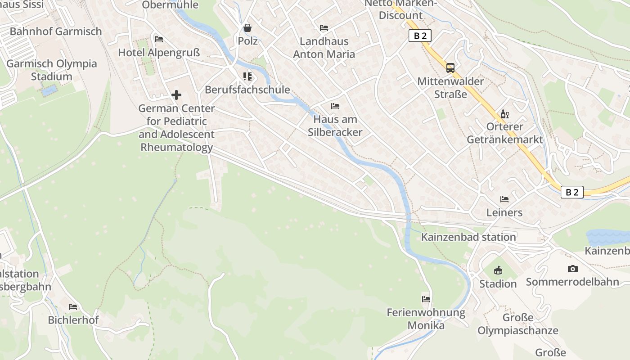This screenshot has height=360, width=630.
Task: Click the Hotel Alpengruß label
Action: [x=159, y=53]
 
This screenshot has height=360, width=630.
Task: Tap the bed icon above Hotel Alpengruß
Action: [x=158, y=39]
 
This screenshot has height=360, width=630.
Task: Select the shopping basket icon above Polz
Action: [x=247, y=28]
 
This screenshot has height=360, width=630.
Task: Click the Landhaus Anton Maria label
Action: [x=324, y=48]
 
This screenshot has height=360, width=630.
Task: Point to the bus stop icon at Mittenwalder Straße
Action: [x=450, y=68]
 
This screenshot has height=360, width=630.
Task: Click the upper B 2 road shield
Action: [x=419, y=36]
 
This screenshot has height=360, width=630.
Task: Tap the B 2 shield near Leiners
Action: [x=572, y=192]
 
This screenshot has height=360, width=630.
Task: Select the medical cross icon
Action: [x=176, y=95]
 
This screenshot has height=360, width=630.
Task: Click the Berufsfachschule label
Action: [x=247, y=90]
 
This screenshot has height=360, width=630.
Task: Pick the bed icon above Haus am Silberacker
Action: [x=335, y=106]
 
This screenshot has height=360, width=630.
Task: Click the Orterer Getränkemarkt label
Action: [x=505, y=133]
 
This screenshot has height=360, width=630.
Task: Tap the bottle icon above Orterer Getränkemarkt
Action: [x=504, y=114]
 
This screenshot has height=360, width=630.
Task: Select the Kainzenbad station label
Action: [x=468, y=237]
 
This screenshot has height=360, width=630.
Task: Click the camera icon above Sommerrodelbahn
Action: [x=572, y=269]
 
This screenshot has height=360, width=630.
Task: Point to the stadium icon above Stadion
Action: [x=498, y=270]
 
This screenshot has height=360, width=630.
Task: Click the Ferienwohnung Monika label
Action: [x=426, y=319]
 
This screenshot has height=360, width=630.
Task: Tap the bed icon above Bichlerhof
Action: [x=73, y=307]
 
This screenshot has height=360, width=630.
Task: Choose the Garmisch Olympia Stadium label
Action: [x=52, y=70]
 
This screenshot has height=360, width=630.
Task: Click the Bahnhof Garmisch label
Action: [x=56, y=31]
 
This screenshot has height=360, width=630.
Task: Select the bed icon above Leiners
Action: [x=504, y=199]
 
